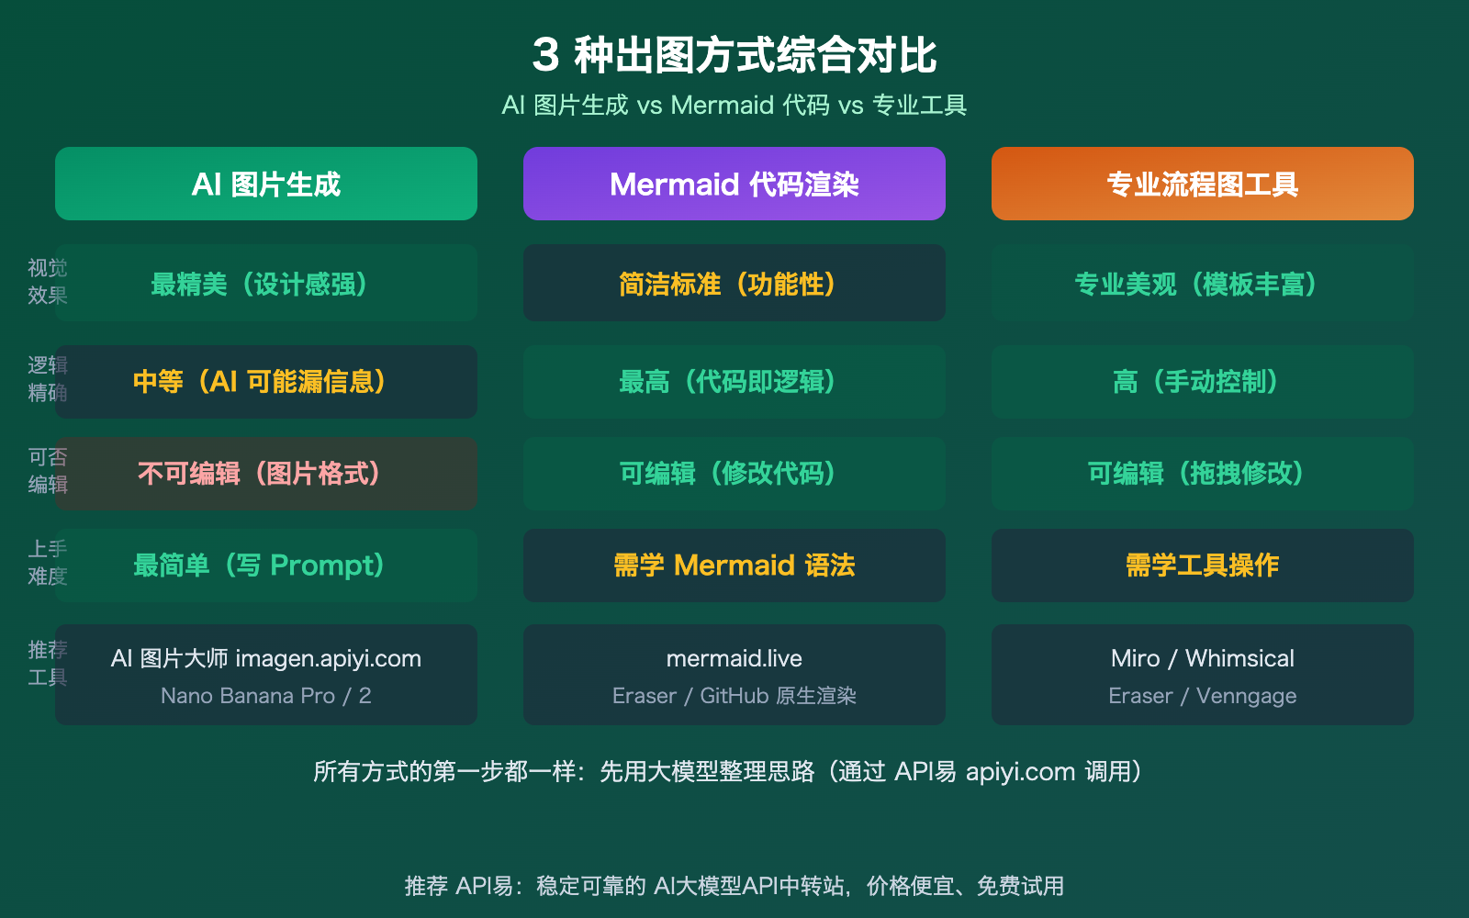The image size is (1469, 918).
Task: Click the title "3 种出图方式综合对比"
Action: pyautogui.click(x=734, y=55)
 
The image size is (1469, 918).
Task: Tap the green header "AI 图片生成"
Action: pyautogui.click(x=266, y=184)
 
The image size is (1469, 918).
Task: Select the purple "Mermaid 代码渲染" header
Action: pyautogui.click(x=734, y=184)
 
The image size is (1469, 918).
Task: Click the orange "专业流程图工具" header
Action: pyautogui.click(x=1203, y=184)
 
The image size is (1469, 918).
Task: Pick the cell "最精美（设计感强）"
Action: pyautogui.click(x=266, y=284)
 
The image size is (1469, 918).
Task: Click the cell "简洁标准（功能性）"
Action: pyautogui.click(x=734, y=284)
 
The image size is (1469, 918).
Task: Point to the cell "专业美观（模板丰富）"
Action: pyautogui.click(x=1203, y=284)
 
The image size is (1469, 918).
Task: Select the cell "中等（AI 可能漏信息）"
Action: pyautogui.click(x=266, y=381)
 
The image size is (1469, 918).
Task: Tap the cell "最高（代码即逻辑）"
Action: pyautogui.click(x=734, y=381)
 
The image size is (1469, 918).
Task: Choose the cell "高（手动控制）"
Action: pyautogui.click(x=1203, y=381)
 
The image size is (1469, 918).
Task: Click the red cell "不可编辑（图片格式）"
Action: pyautogui.click(x=266, y=473)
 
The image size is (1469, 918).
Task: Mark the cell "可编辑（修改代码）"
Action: pyautogui.click(x=734, y=473)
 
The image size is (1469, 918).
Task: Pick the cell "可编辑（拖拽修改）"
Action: pyautogui.click(x=1203, y=473)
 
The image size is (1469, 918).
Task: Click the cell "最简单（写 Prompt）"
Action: pyautogui.click(x=266, y=565)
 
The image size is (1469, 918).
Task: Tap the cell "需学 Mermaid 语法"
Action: pyautogui.click(x=734, y=565)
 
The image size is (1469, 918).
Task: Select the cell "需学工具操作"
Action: pyautogui.click(x=1203, y=565)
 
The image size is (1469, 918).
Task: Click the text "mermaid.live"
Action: pyautogui.click(x=734, y=658)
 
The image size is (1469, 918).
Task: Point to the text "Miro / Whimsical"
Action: pyautogui.click(x=1203, y=658)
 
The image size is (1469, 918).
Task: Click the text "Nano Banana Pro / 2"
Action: pyautogui.click(x=266, y=696)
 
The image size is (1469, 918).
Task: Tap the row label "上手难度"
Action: pyautogui.click(x=47, y=563)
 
